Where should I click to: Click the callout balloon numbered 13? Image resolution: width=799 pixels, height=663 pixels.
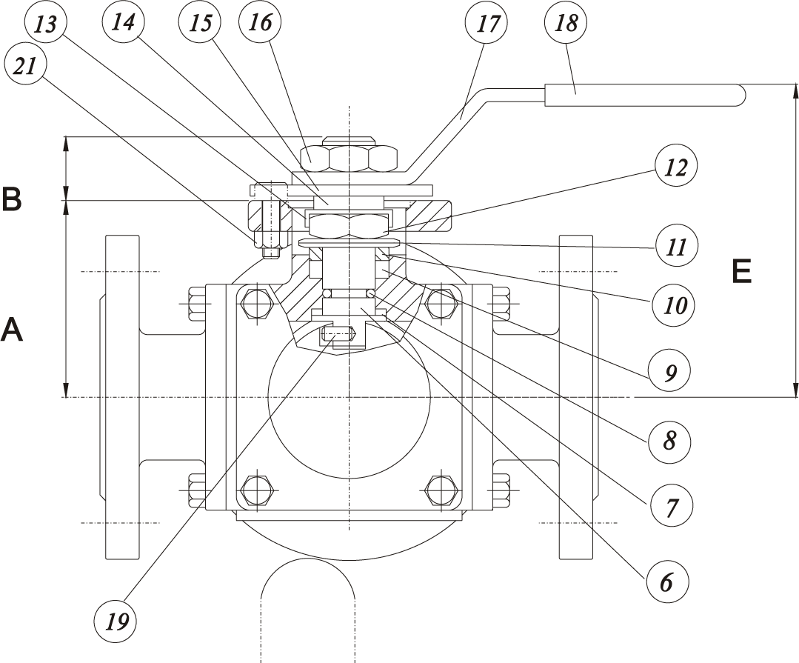(45, 24)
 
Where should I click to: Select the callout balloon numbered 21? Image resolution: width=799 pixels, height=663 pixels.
(24, 66)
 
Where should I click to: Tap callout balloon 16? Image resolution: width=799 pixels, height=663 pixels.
(260, 22)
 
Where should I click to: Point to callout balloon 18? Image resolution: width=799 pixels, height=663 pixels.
(566, 23)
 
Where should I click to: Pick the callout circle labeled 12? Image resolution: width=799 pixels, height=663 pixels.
(675, 167)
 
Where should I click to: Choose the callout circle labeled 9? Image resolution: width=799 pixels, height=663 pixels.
(669, 370)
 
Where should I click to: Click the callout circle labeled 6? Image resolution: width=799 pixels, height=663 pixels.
(667, 581)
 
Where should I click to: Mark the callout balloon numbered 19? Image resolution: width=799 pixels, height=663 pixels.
(116, 621)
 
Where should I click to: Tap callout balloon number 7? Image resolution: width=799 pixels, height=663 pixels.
(669, 506)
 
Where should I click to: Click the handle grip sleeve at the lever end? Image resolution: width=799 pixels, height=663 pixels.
(645, 95)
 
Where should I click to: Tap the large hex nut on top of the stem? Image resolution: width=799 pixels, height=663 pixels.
(349, 158)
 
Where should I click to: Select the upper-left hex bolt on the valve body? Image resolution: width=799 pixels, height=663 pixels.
(256, 304)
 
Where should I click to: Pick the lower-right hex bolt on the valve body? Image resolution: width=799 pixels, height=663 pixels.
(441, 490)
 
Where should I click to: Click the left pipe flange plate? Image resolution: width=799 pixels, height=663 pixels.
(121, 398)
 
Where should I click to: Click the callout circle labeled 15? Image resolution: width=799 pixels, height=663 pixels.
(200, 23)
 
